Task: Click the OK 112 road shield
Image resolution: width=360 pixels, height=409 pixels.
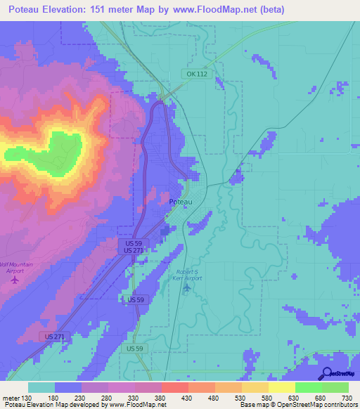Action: click(196, 74)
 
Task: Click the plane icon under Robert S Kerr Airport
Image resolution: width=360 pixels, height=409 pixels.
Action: click(186, 286)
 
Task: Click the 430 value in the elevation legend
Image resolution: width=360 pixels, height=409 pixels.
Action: click(186, 397)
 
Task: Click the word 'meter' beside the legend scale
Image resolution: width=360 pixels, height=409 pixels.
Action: click(10, 397)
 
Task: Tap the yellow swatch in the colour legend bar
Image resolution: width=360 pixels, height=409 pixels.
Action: click(281, 387)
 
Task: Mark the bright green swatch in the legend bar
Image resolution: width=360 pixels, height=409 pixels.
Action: click(308, 387)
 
